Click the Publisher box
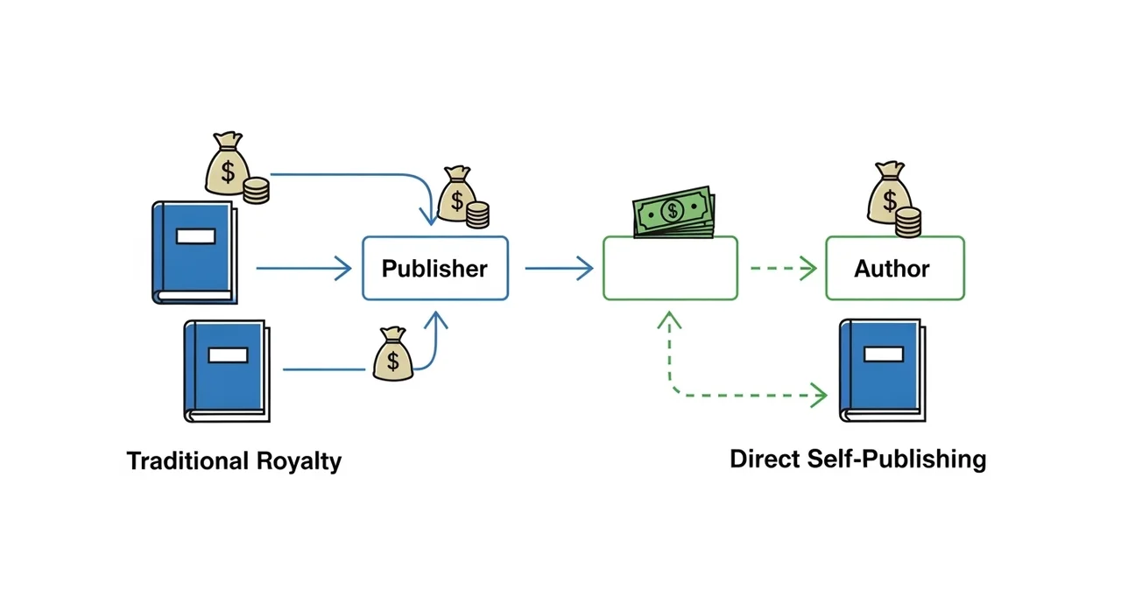[435, 268]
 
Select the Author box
[894, 268]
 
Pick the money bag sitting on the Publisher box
[457, 195]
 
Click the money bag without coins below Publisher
[392, 355]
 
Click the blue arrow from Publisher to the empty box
[559, 269]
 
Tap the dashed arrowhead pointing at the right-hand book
[819, 396]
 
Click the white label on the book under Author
[883, 354]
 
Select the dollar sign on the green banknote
[673, 210]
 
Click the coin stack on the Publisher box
[477, 215]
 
